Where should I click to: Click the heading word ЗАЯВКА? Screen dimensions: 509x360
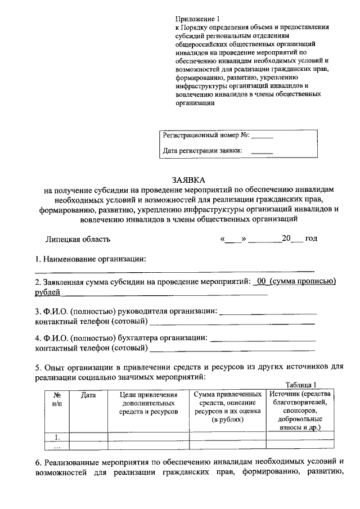click(189, 180)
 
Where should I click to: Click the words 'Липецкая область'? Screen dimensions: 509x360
click(78, 238)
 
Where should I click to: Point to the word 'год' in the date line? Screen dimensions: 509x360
click(311, 238)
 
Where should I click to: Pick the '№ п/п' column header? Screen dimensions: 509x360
click(56, 400)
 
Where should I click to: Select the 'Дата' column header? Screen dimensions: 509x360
click(88, 395)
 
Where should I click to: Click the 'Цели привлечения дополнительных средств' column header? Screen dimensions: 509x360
click(148, 404)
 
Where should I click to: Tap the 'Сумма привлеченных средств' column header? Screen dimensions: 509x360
click(228, 408)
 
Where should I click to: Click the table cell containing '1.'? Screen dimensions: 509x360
click(56, 436)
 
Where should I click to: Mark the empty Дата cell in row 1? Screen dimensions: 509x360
click(88, 436)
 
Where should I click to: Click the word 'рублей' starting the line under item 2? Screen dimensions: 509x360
click(47, 292)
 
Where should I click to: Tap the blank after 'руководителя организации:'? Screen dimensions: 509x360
click(267, 310)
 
